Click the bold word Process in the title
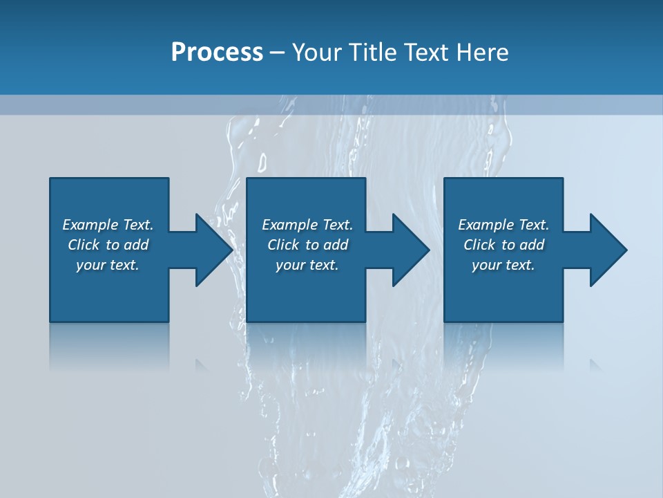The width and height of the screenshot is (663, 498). coord(217,53)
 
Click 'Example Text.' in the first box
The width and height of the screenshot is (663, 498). coord(108,225)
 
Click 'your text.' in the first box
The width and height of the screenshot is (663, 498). coord(108,265)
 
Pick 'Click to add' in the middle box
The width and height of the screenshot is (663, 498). coord(307,245)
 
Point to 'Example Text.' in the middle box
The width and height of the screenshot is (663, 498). coord(307,225)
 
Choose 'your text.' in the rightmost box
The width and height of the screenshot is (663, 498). coord(503,265)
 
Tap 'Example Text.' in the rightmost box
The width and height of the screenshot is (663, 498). coord(503,225)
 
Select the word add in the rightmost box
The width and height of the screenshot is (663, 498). coord(532,245)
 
